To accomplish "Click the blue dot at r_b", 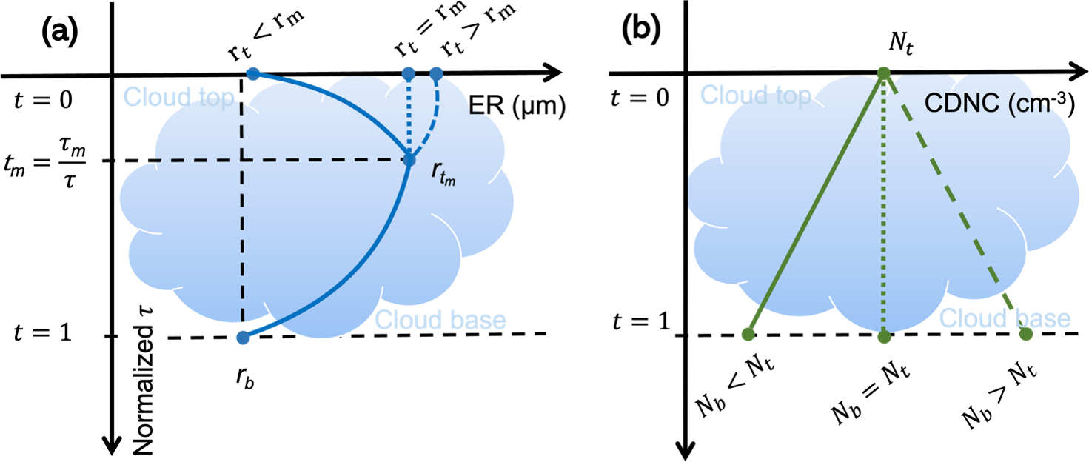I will [x=243, y=338].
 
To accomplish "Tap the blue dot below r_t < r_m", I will [x=252, y=74].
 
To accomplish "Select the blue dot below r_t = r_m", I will [x=407, y=74].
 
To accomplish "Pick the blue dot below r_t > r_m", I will [x=436, y=74].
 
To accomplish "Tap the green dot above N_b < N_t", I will [x=748, y=335].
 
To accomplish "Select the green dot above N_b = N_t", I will [x=883, y=337].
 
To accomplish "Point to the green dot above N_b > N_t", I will [x=1025, y=334].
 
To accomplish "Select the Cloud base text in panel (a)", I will [x=440, y=320].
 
